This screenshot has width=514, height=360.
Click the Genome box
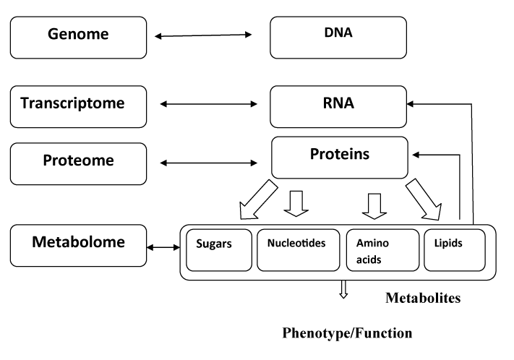tap(78, 38)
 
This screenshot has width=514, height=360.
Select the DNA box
tap(338, 38)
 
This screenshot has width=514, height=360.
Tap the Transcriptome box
tap(78, 106)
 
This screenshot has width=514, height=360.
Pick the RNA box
tap(338, 106)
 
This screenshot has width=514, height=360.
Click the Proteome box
tap(78, 163)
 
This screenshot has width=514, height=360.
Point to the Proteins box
tap(340, 158)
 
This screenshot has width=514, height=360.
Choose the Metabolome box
tap(78, 246)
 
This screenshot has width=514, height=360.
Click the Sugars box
tap(219, 250)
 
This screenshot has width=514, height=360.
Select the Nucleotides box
tap(299, 250)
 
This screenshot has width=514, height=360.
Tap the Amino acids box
tap(382, 250)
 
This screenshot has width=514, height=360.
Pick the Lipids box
tap(455, 250)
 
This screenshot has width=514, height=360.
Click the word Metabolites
tap(423, 298)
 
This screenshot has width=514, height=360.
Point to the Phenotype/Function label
tap(347, 333)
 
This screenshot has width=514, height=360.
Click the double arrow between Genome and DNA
tap(203, 35)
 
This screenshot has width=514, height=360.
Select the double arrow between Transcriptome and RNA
tap(209, 104)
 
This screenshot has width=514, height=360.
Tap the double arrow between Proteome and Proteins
tap(209, 163)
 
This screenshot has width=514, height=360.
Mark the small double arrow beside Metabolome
tap(163, 247)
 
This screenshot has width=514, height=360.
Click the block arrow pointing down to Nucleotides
tap(296, 204)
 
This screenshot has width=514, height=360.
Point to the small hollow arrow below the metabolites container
tap(343, 289)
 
